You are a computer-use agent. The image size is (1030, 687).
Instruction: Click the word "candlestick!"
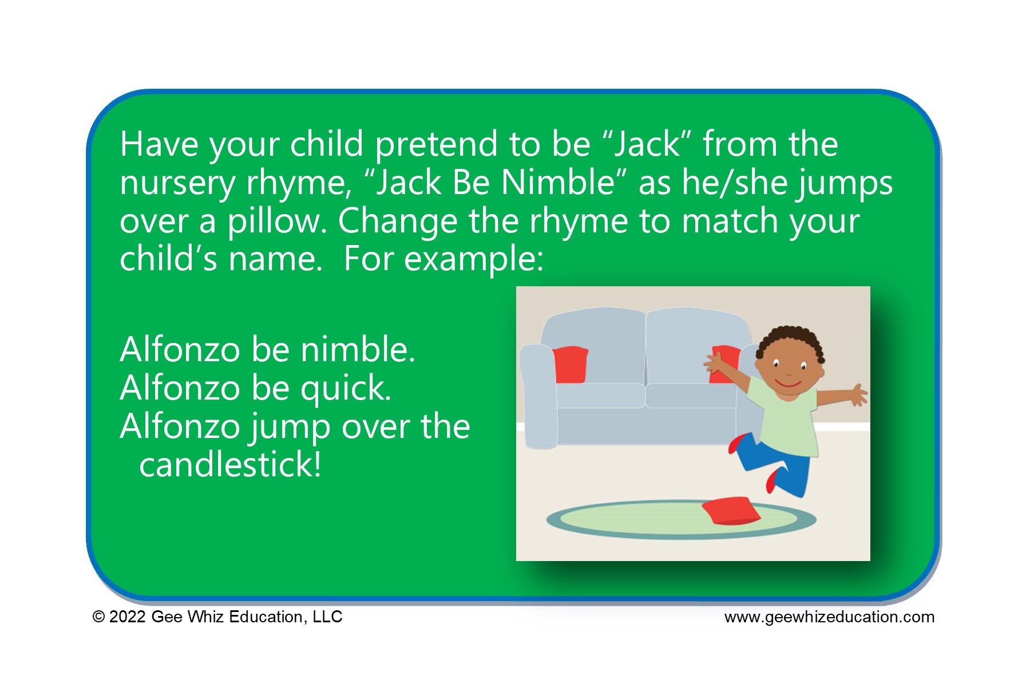(x=230, y=464)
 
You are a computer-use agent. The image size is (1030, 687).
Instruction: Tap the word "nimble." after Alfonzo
(x=358, y=349)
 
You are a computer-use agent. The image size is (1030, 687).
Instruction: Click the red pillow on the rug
(x=731, y=510)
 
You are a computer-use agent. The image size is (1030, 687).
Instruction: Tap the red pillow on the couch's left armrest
(x=571, y=365)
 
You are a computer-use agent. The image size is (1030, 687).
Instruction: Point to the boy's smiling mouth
(x=787, y=382)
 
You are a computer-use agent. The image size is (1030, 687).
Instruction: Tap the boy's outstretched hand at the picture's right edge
(x=858, y=394)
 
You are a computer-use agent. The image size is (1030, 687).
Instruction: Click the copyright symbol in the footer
(x=99, y=617)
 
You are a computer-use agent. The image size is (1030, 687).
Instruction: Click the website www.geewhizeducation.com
(x=829, y=617)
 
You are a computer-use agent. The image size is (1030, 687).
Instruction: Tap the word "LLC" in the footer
(x=327, y=617)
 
